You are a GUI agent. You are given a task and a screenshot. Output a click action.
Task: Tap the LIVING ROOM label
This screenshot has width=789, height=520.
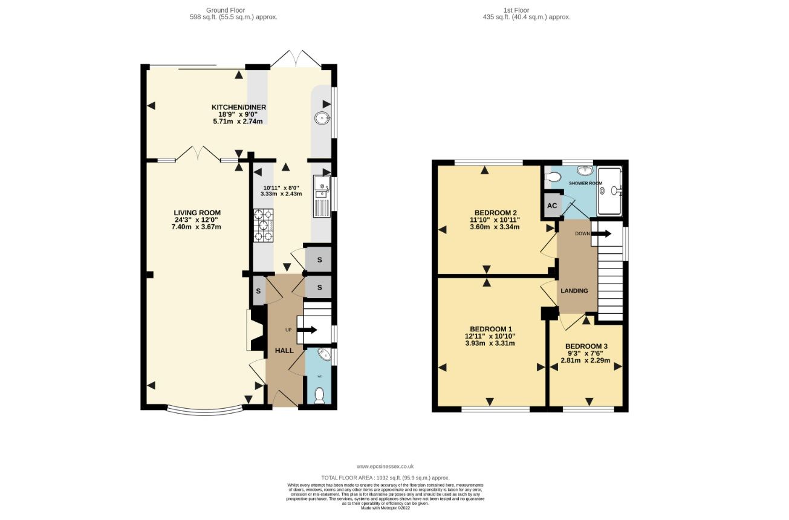(x=197, y=213)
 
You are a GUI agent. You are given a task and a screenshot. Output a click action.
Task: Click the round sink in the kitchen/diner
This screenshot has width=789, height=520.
(x=321, y=119)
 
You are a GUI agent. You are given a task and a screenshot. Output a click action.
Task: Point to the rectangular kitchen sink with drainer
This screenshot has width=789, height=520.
(x=321, y=196)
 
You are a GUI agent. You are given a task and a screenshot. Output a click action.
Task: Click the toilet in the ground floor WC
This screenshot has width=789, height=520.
(x=319, y=395)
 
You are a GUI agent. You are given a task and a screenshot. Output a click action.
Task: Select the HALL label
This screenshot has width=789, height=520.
(x=284, y=351)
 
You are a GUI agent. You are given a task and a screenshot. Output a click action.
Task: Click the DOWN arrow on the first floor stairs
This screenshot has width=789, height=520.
(x=600, y=233)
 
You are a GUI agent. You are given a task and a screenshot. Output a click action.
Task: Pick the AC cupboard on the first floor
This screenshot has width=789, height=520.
(x=552, y=205)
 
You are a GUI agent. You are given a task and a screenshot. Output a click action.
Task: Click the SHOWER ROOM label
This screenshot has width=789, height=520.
(x=585, y=183)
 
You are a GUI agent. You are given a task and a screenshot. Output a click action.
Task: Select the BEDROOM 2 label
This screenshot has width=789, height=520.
(x=495, y=213)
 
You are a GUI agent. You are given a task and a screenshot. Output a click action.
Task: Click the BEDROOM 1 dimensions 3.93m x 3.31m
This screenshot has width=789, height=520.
(x=490, y=343)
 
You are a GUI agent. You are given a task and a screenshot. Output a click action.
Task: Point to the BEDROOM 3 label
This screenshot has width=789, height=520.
(x=586, y=346)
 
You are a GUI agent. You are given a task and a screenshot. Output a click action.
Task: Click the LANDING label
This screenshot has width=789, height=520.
(x=574, y=291)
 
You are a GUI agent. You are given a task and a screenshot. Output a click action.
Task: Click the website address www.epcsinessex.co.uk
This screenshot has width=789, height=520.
(x=385, y=466)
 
